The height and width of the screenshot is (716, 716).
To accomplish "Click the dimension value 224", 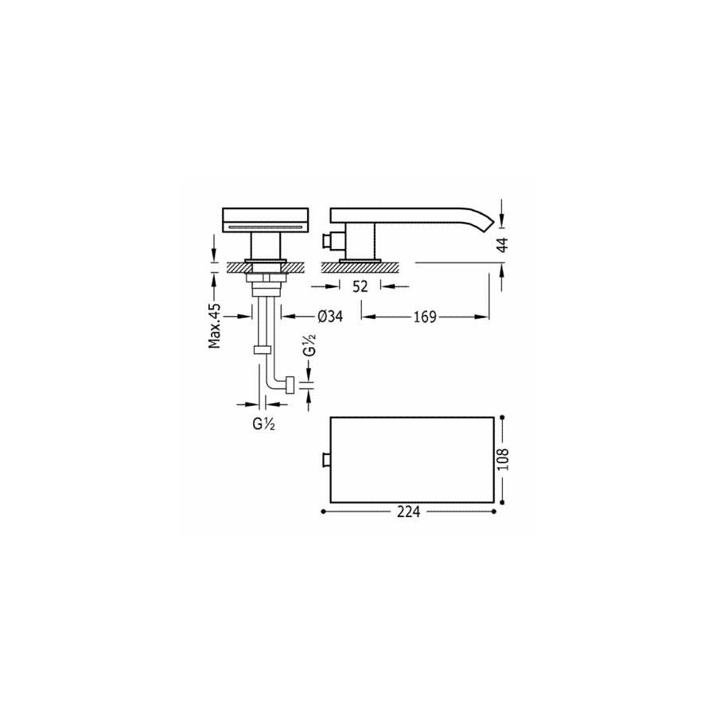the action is pyautogui.click(x=408, y=512).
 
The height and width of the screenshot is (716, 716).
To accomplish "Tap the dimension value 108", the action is pyautogui.click(x=502, y=459).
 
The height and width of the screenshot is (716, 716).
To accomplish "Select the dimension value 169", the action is pyautogui.click(x=425, y=317).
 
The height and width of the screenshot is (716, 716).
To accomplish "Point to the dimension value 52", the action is pyautogui.click(x=360, y=286).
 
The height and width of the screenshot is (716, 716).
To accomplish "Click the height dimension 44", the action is pyautogui.click(x=502, y=244).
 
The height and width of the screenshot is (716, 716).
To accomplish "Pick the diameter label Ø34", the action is pyautogui.click(x=329, y=316).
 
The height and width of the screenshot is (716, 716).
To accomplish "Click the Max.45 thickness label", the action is pyautogui.click(x=215, y=325).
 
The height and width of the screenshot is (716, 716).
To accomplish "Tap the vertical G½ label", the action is pyautogui.click(x=309, y=344).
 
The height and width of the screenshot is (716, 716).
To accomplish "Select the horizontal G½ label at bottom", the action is pyautogui.click(x=263, y=424).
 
